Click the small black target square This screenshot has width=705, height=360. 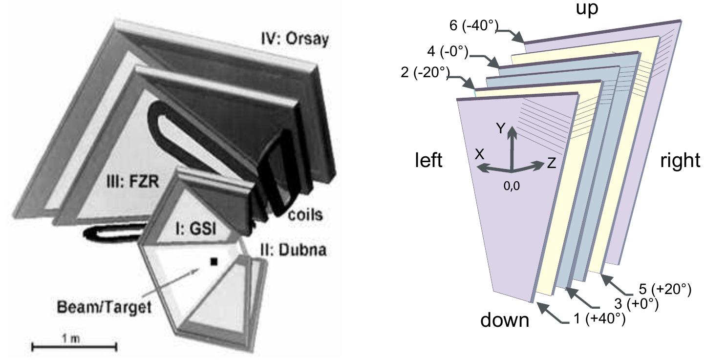[x=213, y=262]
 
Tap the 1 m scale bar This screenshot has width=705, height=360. [x=74, y=346]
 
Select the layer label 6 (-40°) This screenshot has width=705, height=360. [x=472, y=25]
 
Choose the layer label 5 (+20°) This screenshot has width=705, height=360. [x=665, y=290]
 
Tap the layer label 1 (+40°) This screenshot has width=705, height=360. [x=600, y=319]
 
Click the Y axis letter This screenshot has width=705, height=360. [x=500, y=128]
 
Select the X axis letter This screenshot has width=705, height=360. [x=480, y=154]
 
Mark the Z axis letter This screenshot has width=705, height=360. [x=551, y=164]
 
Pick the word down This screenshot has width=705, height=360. [x=505, y=320]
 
